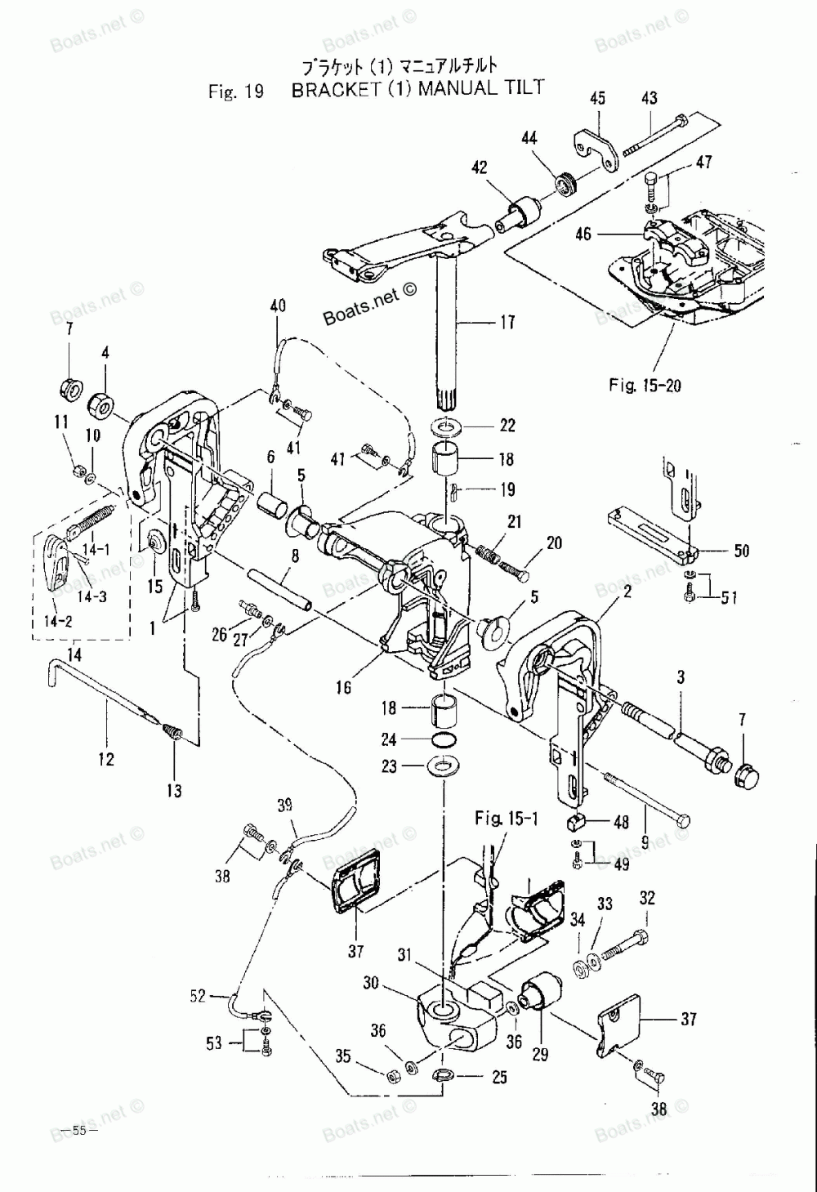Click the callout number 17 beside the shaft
point(507,322)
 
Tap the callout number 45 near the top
point(598,98)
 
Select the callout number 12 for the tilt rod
point(106,759)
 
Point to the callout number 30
point(371,982)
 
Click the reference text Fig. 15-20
point(645,385)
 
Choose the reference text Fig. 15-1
point(506,819)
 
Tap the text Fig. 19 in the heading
point(236,92)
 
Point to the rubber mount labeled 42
point(518,215)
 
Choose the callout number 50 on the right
point(741,551)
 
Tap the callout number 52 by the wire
point(198,996)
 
